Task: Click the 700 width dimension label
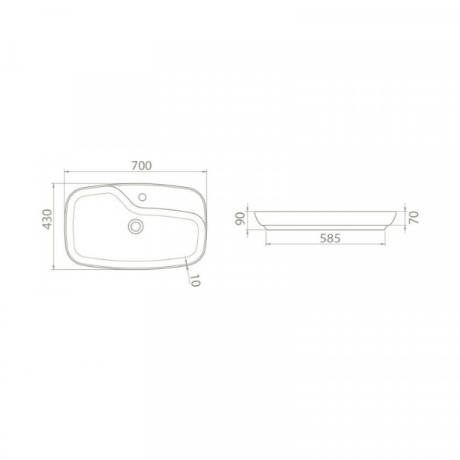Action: coord(140,164)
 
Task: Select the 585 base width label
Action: coord(330,238)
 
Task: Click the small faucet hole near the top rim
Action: coord(143,199)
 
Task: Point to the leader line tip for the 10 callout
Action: coord(187,258)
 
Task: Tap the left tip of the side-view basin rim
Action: coord(253,209)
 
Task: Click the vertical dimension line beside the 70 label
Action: coord(403,217)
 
